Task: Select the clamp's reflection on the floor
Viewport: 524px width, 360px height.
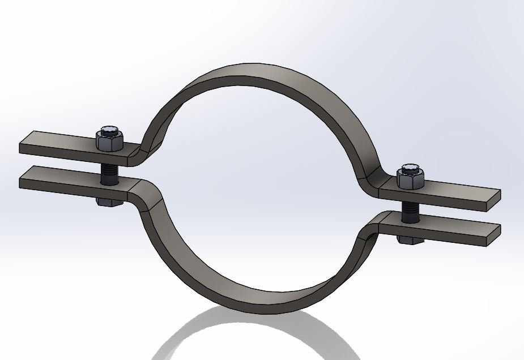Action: click(266, 340)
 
